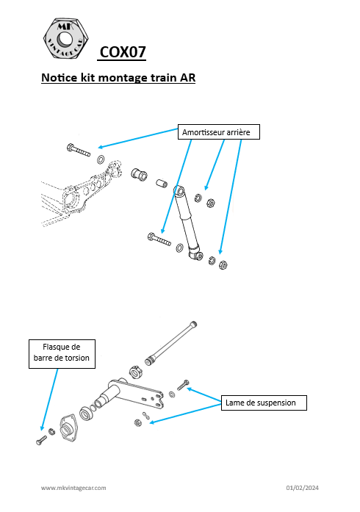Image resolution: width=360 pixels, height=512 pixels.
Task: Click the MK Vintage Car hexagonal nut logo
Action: (x=65, y=38)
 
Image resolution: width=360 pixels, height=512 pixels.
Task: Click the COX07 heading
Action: (x=122, y=52)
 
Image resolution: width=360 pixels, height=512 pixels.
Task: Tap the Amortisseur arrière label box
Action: (x=218, y=132)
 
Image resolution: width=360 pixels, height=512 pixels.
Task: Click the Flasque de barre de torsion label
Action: (x=62, y=354)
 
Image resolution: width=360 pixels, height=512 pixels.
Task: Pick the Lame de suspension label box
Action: (x=264, y=403)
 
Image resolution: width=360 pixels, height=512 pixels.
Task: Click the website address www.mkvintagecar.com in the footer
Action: (x=73, y=488)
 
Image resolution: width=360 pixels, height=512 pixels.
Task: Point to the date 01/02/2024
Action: (x=302, y=488)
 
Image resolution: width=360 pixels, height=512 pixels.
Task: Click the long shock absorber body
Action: (x=188, y=223)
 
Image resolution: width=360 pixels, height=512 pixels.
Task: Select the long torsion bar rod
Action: (x=171, y=343)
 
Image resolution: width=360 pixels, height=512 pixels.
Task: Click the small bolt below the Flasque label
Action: (x=41, y=440)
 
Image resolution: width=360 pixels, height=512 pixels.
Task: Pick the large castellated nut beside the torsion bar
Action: (x=135, y=372)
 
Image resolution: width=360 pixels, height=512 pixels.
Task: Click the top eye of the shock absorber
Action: (x=179, y=190)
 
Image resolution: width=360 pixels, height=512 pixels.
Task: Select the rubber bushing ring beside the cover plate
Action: (x=86, y=414)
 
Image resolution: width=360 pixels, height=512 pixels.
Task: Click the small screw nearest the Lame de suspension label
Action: (x=183, y=386)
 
